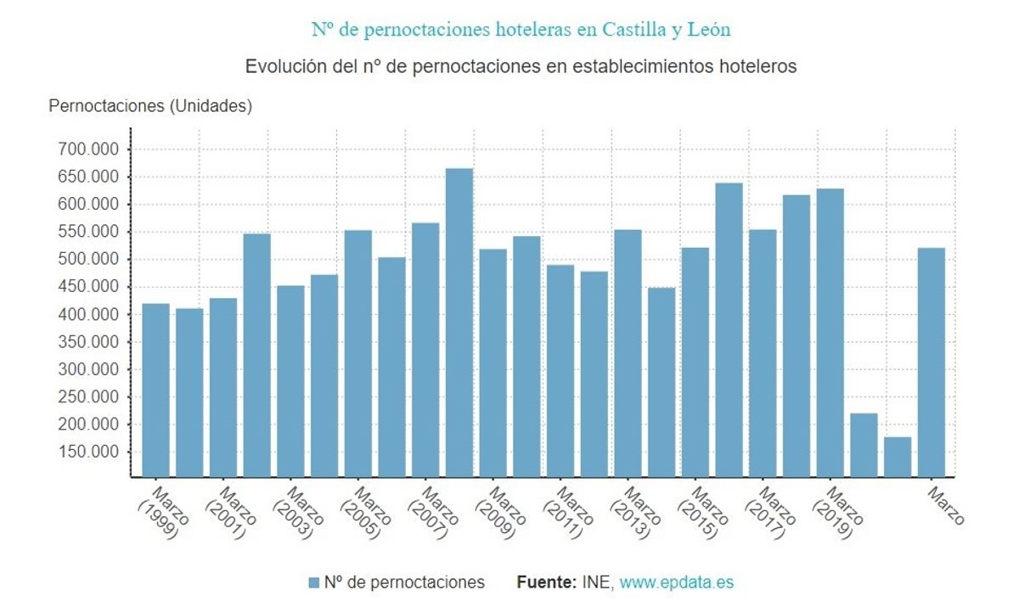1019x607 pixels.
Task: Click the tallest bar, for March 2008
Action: click(459, 323)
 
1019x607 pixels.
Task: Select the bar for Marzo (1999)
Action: click(155, 390)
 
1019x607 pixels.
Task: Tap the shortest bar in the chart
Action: click(898, 457)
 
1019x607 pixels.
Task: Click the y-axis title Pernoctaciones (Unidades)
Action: click(150, 106)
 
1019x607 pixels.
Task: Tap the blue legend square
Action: click(314, 582)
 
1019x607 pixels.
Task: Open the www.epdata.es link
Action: click(676, 582)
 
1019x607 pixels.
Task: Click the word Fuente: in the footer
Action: click(546, 582)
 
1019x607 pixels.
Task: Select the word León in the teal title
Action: click(707, 30)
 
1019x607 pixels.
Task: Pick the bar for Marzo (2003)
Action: click(290, 381)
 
